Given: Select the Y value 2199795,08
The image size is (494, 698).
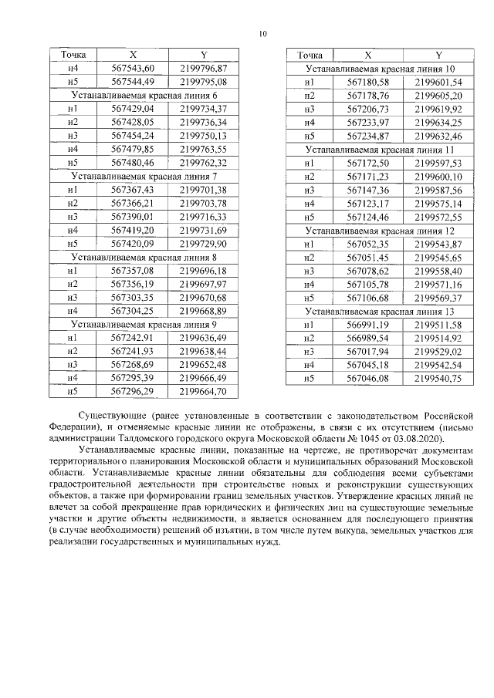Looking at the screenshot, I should [x=203, y=82].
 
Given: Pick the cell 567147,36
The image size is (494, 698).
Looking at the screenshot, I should [x=368, y=190].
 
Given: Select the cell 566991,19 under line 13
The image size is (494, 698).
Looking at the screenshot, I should [x=368, y=325].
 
